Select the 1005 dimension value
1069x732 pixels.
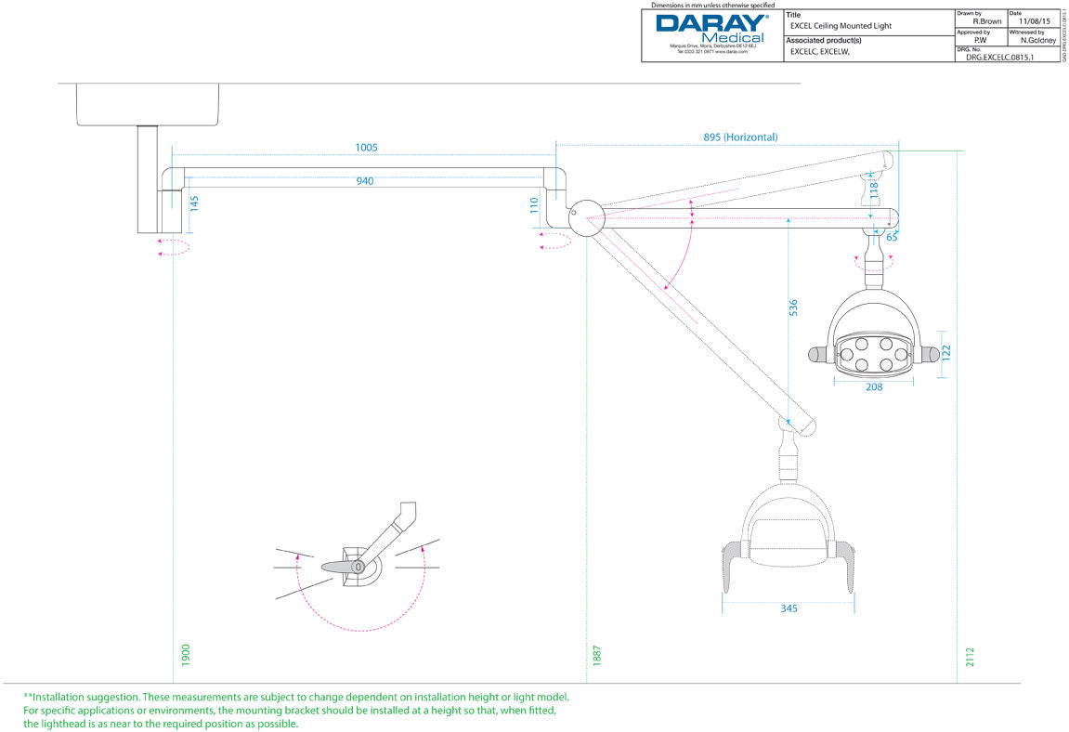click(x=366, y=148)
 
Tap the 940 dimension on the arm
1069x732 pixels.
click(x=364, y=181)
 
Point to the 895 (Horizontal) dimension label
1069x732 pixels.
click(x=740, y=137)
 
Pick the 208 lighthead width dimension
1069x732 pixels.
click(x=874, y=387)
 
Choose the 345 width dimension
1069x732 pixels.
click(x=789, y=609)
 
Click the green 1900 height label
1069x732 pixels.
click(x=185, y=655)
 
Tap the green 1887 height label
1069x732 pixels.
click(x=598, y=655)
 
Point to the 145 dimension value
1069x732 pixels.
click(x=194, y=203)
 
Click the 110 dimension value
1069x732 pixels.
click(x=534, y=205)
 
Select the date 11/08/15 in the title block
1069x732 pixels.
click(x=1034, y=20)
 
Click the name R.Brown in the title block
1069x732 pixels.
click(x=985, y=20)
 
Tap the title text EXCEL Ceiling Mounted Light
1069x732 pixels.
click(x=841, y=26)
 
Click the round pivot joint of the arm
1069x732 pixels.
click(x=586, y=217)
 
